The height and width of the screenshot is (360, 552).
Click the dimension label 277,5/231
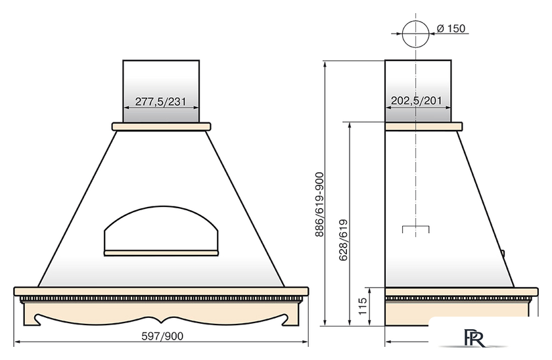[x=161, y=102]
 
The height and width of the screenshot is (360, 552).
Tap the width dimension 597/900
[x=162, y=336]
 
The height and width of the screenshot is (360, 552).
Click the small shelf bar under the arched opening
[x=162, y=252]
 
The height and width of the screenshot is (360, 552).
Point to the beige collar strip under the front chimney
[x=162, y=126]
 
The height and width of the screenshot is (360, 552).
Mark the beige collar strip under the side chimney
[x=423, y=126]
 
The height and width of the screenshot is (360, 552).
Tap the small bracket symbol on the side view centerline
[x=415, y=229]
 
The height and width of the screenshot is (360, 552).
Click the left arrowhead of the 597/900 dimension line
[x=17, y=342]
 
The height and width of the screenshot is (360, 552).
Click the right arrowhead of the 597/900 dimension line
[x=306, y=342]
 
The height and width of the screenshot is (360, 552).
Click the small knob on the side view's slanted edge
[x=504, y=251]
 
